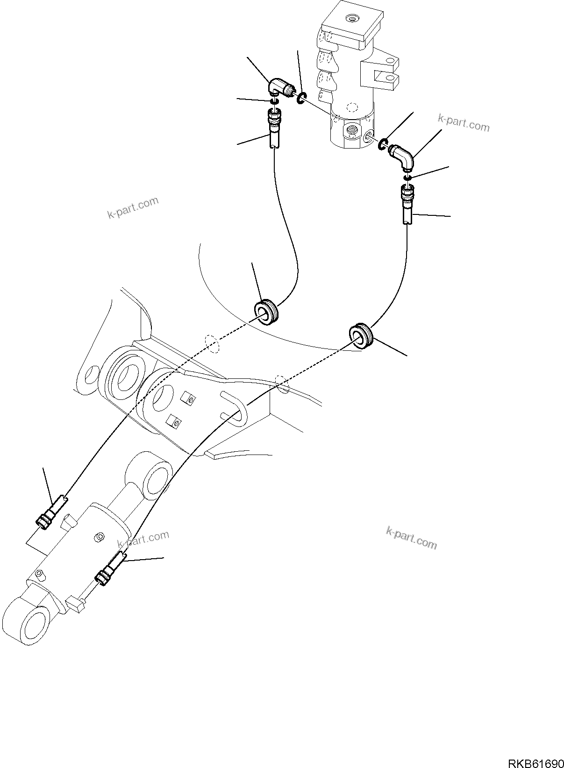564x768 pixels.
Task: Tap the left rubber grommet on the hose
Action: (266, 312)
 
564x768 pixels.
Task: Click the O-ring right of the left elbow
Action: (301, 97)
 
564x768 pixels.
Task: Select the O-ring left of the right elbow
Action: (382, 145)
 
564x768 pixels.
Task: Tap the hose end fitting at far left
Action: (49, 514)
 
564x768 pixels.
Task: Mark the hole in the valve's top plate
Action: (350, 19)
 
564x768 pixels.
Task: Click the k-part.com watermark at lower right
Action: (411, 538)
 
